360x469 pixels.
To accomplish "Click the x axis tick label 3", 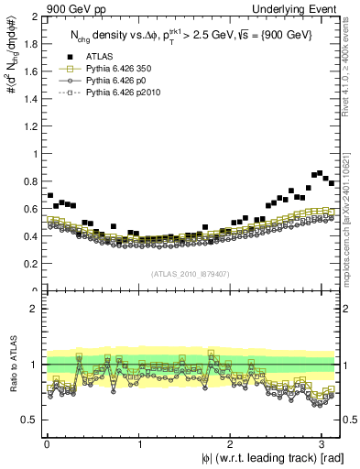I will click(x=320, y=445).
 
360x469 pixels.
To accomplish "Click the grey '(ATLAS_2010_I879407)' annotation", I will click(x=191, y=273).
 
